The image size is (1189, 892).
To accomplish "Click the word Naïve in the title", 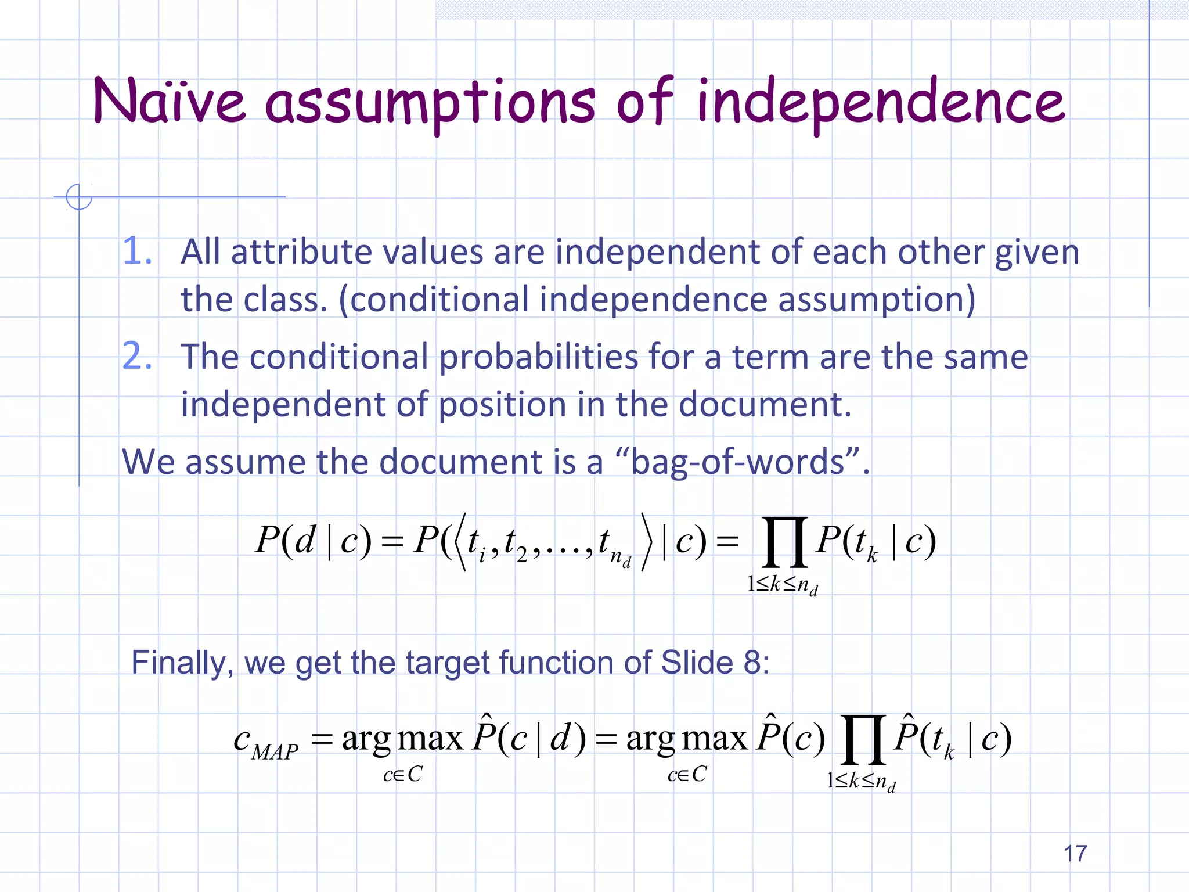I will click(x=169, y=102).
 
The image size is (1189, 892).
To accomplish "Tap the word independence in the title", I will click(x=881, y=103).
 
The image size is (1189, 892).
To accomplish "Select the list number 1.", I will click(x=137, y=252).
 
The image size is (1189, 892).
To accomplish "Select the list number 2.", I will click(x=137, y=356).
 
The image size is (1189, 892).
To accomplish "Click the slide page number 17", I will click(x=1075, y=854).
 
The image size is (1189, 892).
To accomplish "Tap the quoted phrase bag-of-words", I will click(x=737, y=462).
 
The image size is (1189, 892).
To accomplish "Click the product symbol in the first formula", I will click(x=784, y=542).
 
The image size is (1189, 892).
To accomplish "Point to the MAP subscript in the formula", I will click(x=275, y=752).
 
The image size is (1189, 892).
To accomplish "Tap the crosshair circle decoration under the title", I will click(x=79, y=197).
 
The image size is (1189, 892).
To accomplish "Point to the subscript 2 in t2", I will click(x=521, y=556).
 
